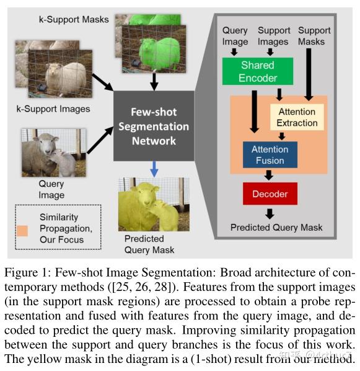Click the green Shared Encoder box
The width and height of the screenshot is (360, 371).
[257, 70]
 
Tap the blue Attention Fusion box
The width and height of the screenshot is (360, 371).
[270, 154]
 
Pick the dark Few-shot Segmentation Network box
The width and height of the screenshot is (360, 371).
[153, 126]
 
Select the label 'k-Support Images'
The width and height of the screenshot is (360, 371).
[53, 109]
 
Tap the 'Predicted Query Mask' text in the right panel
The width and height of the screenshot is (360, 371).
[276, 227]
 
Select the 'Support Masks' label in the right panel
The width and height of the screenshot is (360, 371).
[314, 36]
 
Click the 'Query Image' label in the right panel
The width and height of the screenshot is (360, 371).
[235, 36]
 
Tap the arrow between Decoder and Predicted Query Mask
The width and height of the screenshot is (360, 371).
[270, 213]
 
